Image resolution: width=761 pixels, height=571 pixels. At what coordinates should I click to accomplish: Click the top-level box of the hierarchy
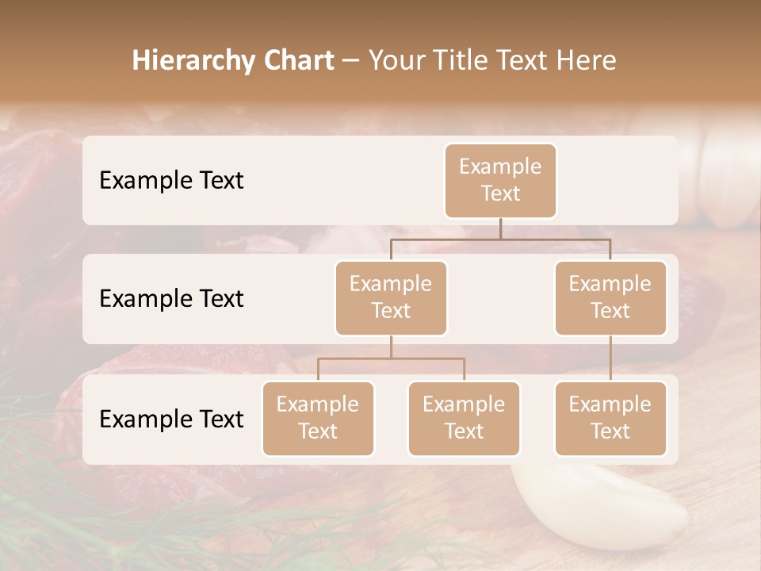500,180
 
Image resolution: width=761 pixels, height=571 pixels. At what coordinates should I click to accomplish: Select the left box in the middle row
391,297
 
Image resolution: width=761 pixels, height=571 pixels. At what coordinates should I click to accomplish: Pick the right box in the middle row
610,297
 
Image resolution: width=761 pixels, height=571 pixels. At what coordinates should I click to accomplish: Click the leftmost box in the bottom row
318,418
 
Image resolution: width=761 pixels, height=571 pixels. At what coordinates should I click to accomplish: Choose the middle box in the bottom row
464,418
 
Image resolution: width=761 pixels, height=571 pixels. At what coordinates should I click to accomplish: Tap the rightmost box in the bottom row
610,418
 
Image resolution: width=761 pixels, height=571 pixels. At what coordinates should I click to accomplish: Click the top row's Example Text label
171,181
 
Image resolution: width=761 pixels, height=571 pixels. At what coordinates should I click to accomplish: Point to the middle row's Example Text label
171,299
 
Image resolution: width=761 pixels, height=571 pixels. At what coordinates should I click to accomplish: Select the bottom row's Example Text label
171,420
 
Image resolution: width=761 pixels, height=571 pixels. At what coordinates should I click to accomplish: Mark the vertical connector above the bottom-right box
610,358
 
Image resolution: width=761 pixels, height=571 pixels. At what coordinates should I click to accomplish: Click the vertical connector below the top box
500,228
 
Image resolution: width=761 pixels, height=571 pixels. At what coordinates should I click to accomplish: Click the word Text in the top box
500,194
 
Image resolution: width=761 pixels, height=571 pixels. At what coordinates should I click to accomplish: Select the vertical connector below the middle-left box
391,347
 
